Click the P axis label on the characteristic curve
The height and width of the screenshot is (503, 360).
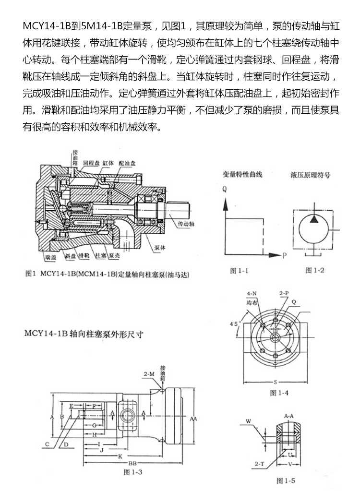[284, 255]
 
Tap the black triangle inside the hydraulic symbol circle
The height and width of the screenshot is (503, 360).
[314, 219]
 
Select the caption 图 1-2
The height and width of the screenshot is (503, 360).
[315, 270]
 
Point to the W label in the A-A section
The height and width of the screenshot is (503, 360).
[248, 421]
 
